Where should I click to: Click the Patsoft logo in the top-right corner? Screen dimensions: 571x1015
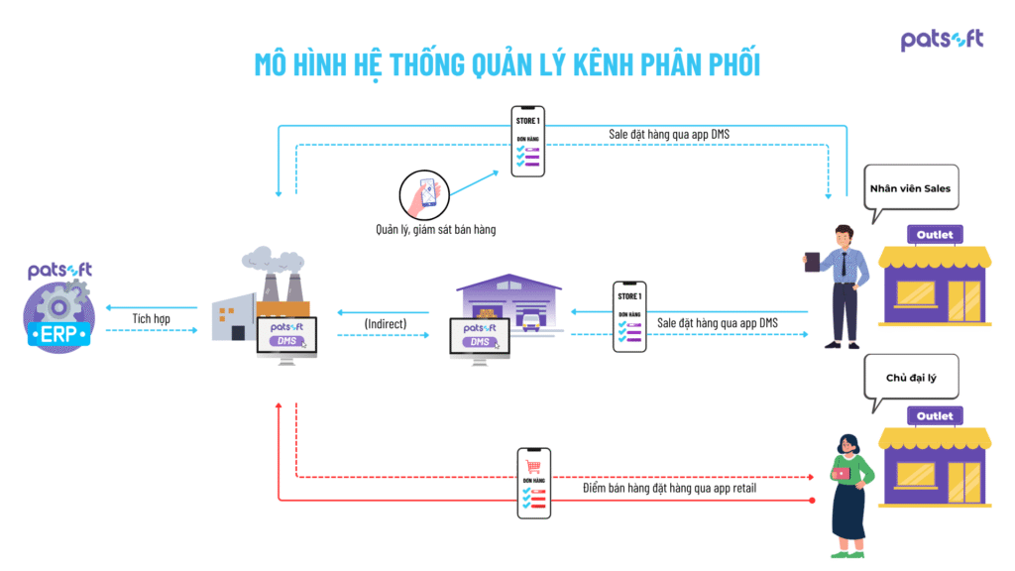[942, 40]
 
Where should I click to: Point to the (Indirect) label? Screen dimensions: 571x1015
[385, 323]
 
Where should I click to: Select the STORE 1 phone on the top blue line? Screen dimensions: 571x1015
[527, 141]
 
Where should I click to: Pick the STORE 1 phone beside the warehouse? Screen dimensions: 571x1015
[628, 317]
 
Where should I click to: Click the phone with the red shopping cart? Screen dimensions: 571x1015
[533, 483]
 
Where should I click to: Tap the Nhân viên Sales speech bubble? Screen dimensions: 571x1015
[910, 188]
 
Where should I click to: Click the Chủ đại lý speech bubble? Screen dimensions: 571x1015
[910, 378]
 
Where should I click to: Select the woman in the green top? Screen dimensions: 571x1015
[848, 491]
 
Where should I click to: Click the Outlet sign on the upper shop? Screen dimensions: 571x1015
[934, 235]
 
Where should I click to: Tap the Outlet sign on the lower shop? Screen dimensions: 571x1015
[934, 416]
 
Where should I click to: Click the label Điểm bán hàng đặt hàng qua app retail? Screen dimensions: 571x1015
[670, 488]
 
